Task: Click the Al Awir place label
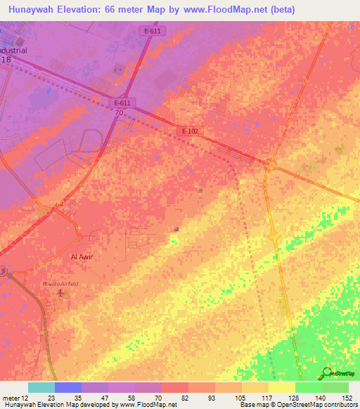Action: coord(82,257)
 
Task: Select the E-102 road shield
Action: coord(189,131)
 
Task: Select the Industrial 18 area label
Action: coord(13,55)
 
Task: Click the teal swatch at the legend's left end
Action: coord(41,387)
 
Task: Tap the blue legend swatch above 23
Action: coord(68,387)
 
